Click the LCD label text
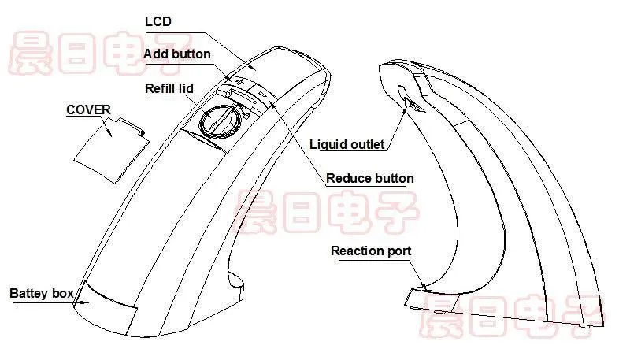pos(158,21)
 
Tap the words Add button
pos(177,54)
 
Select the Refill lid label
pos(169,88)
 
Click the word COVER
pos(88,109)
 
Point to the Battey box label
pos(42,293)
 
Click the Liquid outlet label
pos(347,144)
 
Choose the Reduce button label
pos(370,178)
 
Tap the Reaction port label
pos(371,251)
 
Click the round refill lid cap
pos(219,122)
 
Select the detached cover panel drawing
pos(110,150)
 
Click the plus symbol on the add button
pos(239,82)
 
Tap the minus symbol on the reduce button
pos(262,95)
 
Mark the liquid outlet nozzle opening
pos(412,105)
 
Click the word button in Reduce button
pos(392,178)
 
